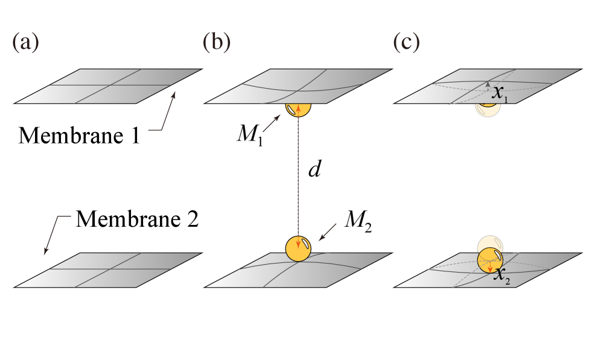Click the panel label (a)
click(x=25, y=43)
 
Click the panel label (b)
click(x=216, y=43)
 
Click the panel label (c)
click(x=406, y=43)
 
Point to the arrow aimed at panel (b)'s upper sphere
click(x=272, y=124)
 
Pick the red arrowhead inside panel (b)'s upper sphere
click(x=298, y=111)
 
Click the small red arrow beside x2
click(x=490, y=268)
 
